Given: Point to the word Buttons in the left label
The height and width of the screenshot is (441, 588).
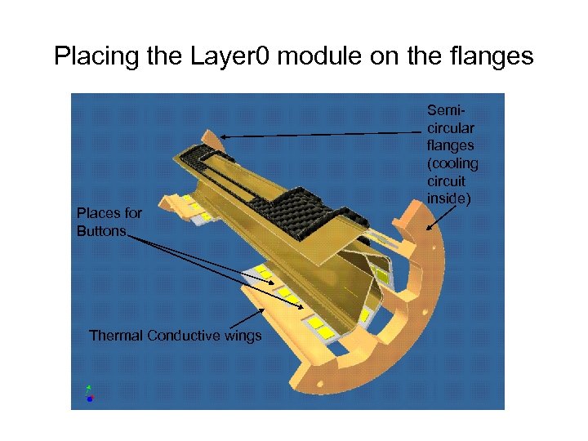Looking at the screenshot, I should tap(101, 231).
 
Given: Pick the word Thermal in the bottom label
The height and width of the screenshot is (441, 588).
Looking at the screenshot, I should tap(114, 336).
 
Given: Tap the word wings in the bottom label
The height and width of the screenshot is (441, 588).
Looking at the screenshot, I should tap(243, 336).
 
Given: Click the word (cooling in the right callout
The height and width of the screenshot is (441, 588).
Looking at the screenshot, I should tap(452, 163).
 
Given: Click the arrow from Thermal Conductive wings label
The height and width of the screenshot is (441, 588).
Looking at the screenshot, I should tap(249, 315).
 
